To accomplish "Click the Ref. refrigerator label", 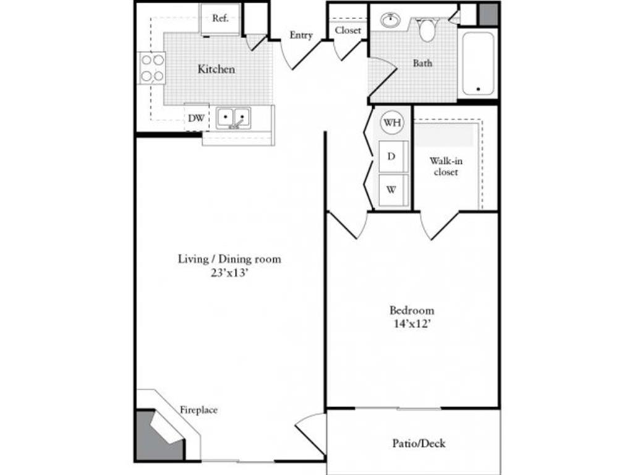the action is [221, 18].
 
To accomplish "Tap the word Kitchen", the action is [216, 69].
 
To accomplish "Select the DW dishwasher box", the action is [197, 118].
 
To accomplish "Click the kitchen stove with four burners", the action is [152, 68].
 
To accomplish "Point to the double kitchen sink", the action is [233, 118].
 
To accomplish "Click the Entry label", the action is [301, 35].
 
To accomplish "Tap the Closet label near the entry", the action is [347, 30].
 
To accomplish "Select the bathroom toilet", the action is [427, 28].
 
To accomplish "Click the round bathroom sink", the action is [391, 20].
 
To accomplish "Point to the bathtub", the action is [478, 64].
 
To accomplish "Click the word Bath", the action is [422, 63].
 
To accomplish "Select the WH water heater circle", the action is [392, 122].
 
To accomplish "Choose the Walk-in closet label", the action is [446, 166].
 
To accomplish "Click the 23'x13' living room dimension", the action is [229, 273].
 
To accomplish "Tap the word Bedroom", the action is [412, 310].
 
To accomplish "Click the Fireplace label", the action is [198, 410].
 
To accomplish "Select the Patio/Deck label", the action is [419, 443].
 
